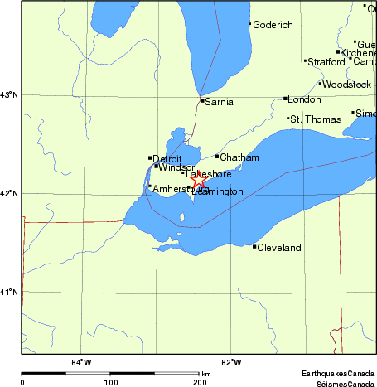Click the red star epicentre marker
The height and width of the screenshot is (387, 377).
[198, 178]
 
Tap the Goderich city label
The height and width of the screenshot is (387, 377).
[273, 25]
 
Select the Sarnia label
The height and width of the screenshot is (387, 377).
[220, 102]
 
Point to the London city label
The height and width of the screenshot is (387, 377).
[303, 99]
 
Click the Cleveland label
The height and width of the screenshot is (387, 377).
[278, 248]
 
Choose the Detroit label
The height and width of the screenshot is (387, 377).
[167, 158]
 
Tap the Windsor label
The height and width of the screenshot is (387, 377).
[176, 167]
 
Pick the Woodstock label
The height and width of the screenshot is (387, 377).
[347, 85]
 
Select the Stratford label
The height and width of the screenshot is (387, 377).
[326, 62]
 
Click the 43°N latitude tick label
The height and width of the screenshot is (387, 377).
[9, 95]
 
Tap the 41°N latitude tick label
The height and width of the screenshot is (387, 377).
[9, 292]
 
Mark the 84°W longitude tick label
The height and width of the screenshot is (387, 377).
[80, 361]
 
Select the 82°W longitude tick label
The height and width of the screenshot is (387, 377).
[231, 361]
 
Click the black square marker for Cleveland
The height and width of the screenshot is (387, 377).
[254, 246]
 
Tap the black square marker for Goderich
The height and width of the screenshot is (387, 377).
[249, 23]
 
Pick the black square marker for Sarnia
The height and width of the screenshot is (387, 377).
[201, 100]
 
